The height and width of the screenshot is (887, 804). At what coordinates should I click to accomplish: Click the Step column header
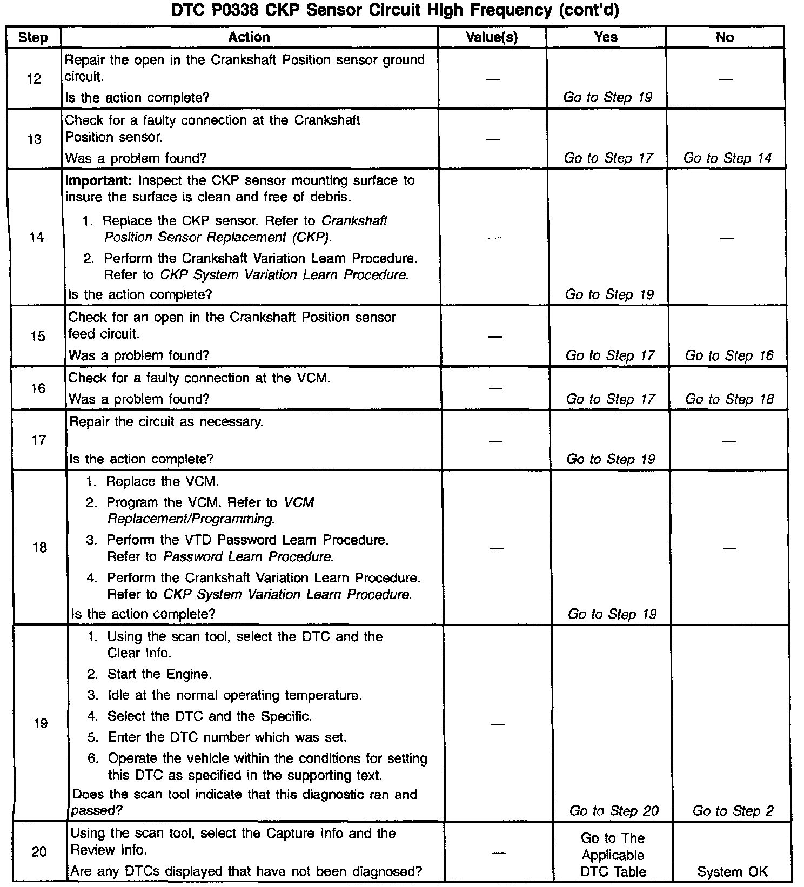pos(33,37)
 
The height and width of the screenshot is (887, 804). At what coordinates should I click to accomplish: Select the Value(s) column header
pos(491,37)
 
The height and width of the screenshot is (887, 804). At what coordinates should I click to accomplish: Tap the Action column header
pos(249,37)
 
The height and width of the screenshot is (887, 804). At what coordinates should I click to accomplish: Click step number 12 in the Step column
pos(34,79)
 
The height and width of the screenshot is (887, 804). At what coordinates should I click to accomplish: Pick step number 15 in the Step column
pos(38,336)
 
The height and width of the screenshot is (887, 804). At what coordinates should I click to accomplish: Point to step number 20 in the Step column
pos(39,852)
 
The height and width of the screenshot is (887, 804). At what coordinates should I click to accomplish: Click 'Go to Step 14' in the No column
pos(727,158)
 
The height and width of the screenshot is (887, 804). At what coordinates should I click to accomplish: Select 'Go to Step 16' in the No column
pos(729,355)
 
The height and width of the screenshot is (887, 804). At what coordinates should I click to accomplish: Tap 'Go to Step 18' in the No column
pos(729,399)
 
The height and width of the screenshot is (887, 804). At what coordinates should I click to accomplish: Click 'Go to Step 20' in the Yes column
pos(614,811)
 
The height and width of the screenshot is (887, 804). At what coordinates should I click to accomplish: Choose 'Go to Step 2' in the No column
pos(733,811)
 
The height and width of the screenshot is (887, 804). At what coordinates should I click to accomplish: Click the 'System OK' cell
pos(732,871)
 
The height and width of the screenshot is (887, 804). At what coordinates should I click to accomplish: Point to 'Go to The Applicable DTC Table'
pos(613,855)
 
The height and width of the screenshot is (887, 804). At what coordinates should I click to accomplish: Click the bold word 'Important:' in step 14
pos(98,180)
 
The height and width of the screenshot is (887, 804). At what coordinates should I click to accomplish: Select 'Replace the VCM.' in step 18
pos(163,481)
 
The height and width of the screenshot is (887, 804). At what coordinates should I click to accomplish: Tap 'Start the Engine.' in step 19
pos(159,674)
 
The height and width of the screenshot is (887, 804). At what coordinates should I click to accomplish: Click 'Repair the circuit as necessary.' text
pos(166,422)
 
